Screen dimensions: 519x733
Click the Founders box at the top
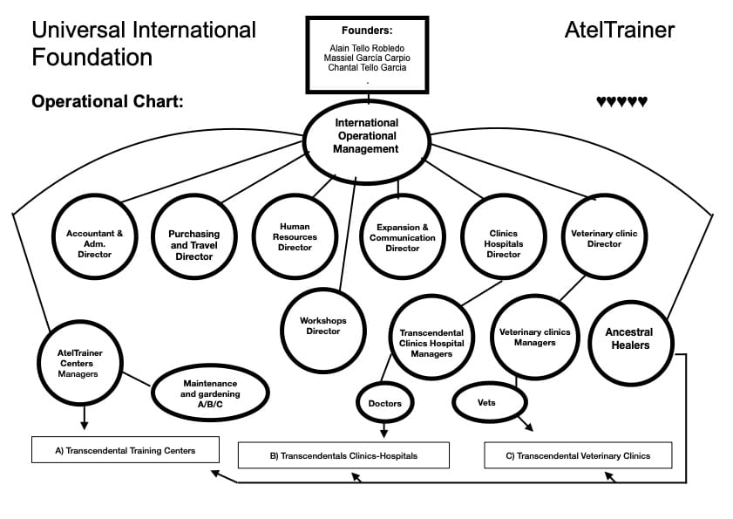(367, 53)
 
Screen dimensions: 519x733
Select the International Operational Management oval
(366, 137)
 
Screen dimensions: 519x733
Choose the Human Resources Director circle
(295, 236)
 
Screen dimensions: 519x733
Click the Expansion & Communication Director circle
(402, 237)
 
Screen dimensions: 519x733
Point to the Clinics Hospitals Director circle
(503, 238)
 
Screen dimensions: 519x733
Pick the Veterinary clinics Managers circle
(534, 337)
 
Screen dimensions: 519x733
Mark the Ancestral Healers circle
(628, 338)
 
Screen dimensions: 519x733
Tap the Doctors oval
(384, 404)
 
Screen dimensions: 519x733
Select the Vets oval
(489, 402)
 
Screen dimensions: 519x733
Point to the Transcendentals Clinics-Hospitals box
(343, 455)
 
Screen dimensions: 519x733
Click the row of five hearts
(621, 102)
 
